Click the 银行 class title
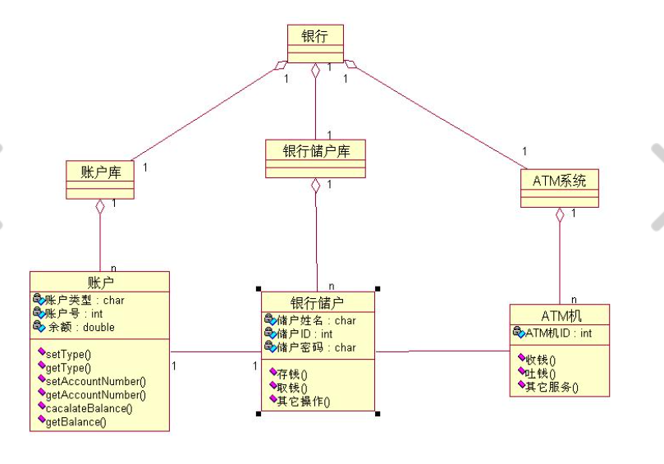click(315, 35)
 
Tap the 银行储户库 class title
click(315, 151)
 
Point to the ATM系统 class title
click(560, 181)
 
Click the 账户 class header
click(99, 281)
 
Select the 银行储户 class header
click(318, 302)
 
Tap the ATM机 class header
click(560, 315)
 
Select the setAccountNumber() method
click(95, 380)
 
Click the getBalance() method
click(76, 421)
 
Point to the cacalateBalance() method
click(89, 407)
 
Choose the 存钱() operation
click(292, 374)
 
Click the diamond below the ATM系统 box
click(560, 215)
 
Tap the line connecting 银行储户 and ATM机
click(442, 351)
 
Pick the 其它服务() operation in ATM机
click(551, 386)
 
